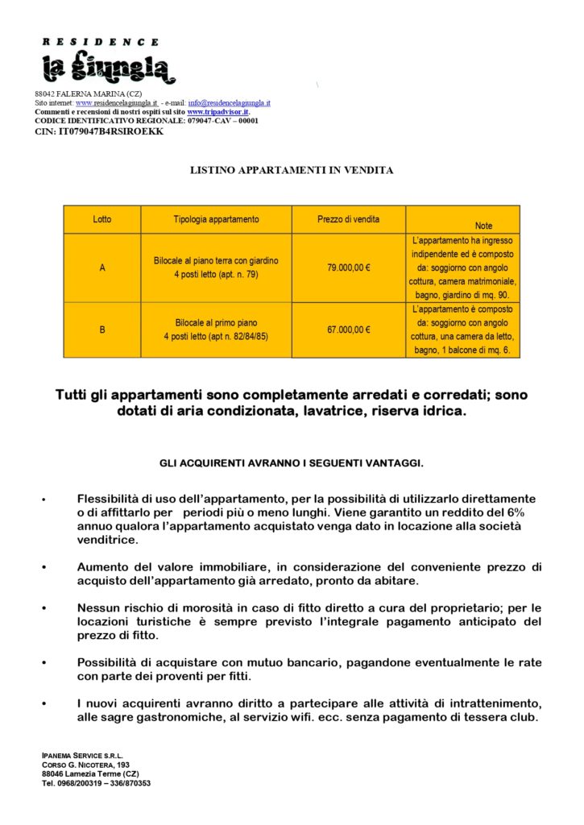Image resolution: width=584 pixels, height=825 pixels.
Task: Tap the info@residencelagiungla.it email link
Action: [x=229, y=103]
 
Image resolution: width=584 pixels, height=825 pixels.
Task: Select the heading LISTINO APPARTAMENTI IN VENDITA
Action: [x=292, y=171]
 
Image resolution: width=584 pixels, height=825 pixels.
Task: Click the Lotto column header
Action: [x=102, y=219]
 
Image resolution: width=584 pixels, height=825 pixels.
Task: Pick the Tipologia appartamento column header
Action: [x=216, y=219]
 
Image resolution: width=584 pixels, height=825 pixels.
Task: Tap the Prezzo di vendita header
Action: [x=348, y=219]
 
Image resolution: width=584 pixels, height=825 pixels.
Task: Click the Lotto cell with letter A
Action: [x=102, y=267]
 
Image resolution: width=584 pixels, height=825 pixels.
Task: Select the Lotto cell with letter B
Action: [x=102, y=330]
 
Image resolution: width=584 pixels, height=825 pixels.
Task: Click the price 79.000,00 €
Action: [x=348, y=267]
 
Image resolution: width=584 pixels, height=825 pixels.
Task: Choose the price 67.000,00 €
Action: [x=348, y=330]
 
